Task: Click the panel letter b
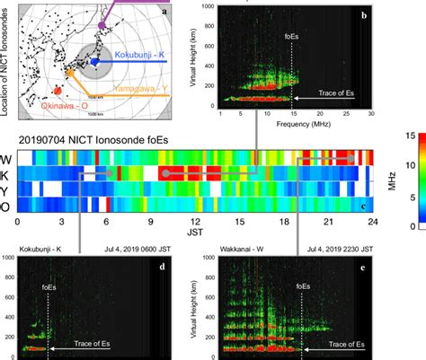point(362,15)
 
